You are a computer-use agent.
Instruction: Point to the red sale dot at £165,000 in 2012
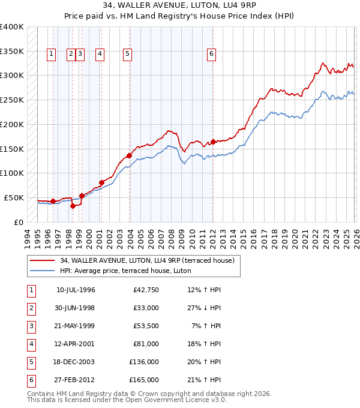[213, 142]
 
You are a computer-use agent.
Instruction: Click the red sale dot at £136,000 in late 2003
[129, 155]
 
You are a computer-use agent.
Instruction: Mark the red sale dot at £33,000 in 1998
[73, 206]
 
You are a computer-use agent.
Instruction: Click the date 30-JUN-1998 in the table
[76, 308]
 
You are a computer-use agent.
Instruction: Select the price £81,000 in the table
[146, 344]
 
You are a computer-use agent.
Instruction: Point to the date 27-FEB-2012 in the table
[76, 380]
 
